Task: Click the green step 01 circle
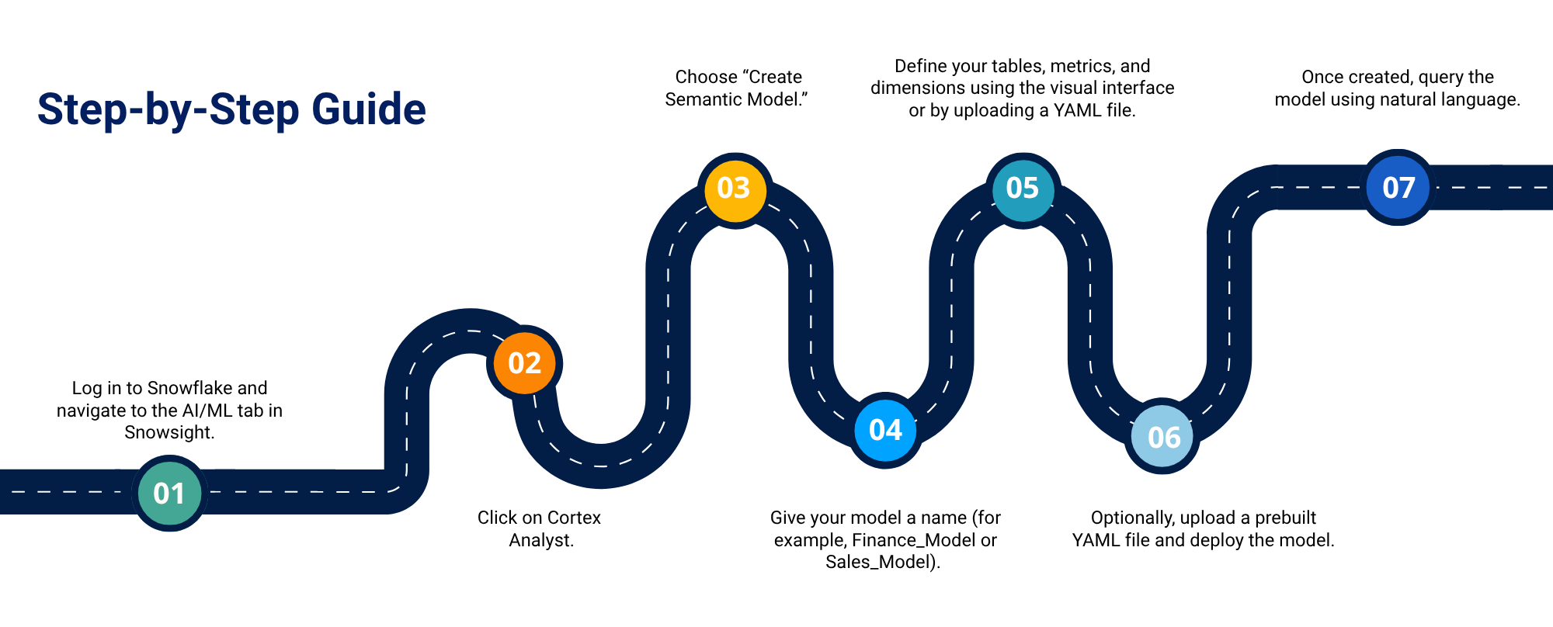tap(169, 493)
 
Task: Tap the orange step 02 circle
tap(524, 363)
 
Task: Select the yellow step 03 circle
tap(734, 189)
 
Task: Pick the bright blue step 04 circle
tap(885, 430)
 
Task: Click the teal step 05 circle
tap(1023, 189)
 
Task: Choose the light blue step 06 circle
tap(1163, 437)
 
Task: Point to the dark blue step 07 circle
tap(1398, 187)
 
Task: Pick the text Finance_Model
tap(914, 541)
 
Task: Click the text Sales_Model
tap(880, 563)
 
